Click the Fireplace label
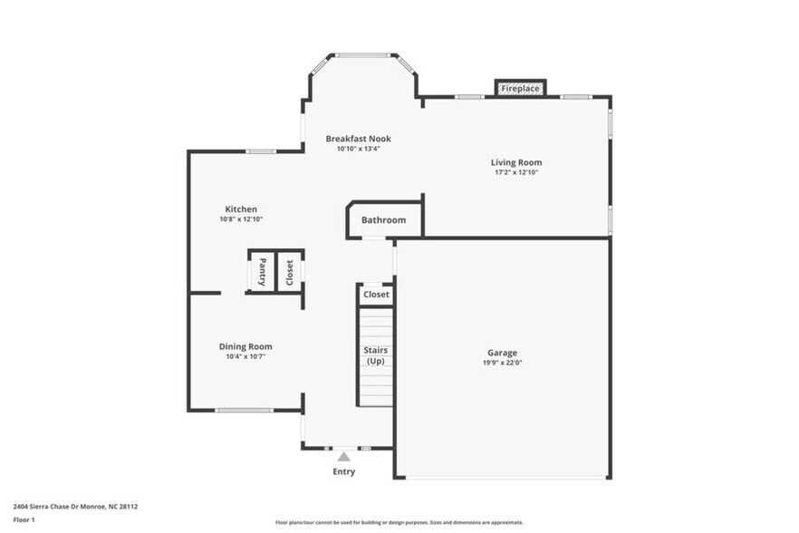(520, 89)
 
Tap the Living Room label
(516, 162)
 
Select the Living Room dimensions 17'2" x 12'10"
(516, 172)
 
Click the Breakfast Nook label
(359, 139)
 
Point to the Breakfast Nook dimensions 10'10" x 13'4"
(359, 149)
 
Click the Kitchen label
(241, 209)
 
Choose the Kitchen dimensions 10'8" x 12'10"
(241, 219)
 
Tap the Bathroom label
(384, 220)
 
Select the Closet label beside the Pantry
(290, 272)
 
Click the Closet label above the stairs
(376, 295)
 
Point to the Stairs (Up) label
(376, 355)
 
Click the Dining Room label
(245, 346)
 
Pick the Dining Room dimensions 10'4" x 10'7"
(245, 356)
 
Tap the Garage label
(502, 353)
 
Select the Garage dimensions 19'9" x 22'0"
(502, 363)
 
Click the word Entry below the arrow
(343, 471)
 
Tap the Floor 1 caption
(24, 519)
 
